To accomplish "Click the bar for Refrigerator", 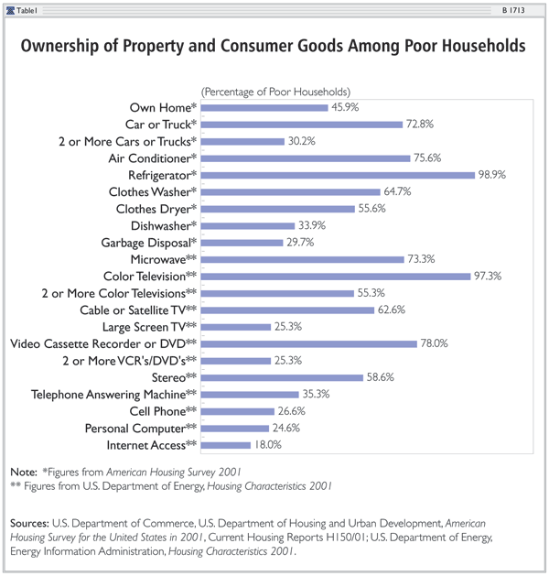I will pyautogui.click(x=338, y=174).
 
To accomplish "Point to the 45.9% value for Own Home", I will pyautogui.click(x=347, y=107).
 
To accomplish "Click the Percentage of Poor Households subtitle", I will pyautogui.click(x=275, y=92).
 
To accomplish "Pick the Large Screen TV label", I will pyautogui.click(x=151, y=327).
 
